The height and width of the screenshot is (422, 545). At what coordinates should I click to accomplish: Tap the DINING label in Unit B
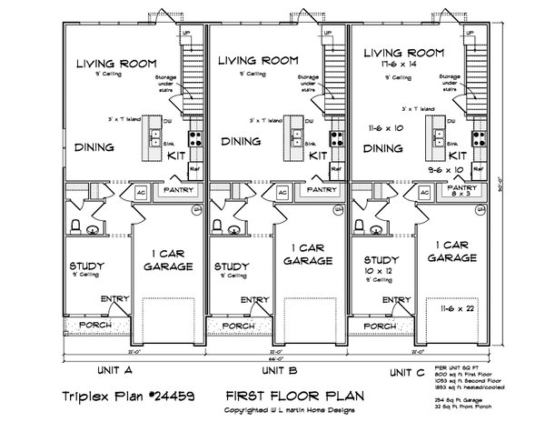pyautogui.click(x=241, y=142)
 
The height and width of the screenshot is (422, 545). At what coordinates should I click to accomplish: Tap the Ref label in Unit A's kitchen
pyautogui.click(x=193, y=171)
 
